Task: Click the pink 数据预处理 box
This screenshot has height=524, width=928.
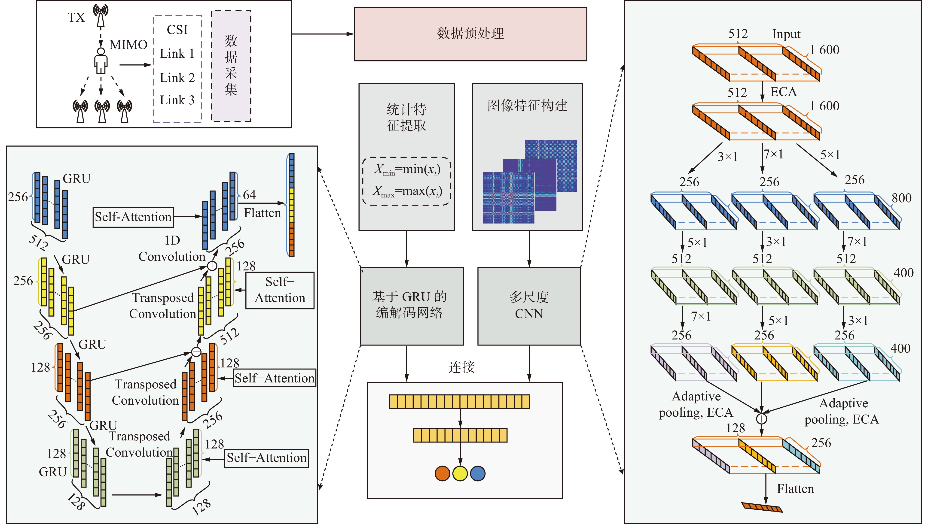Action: [x=470, y=34]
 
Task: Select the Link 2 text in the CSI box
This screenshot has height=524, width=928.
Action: [x=177, y=77]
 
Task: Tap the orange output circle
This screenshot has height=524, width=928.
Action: [x=442, y=474]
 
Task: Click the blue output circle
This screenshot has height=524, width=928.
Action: [x=478, y=474]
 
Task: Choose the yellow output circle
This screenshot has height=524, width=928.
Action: [x=460, y=474]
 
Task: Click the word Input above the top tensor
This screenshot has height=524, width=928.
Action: [x=786, y=34]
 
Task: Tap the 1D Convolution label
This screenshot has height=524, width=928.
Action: [x=172, y=248]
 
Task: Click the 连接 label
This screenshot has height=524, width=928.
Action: [x=461, y=367]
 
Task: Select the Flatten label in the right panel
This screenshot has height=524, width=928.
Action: [x=795, y=489]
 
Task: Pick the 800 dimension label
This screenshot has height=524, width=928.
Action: [x=902, y=198]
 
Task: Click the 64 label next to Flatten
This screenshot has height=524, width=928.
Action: [x=249, y=195]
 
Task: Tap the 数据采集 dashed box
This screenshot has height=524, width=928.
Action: [x=231, y=66]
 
